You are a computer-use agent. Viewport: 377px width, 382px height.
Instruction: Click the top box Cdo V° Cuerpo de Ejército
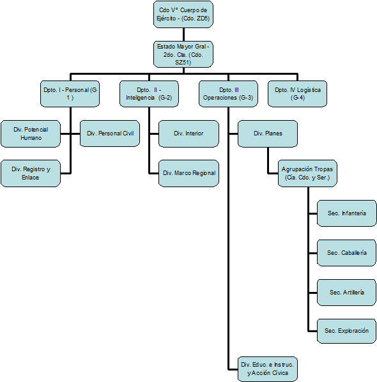click(x=183, y=15)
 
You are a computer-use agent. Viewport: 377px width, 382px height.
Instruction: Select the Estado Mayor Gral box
click(x=183, y=54)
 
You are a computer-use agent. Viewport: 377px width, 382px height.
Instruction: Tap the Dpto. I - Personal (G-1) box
click(x=70, y=94)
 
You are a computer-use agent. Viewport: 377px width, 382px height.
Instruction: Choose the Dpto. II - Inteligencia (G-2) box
click(x=149, y=94)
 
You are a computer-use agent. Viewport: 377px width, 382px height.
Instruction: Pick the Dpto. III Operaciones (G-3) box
click(x=228, y=94)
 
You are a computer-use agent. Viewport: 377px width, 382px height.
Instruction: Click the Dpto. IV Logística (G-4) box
click(x=297, y=94)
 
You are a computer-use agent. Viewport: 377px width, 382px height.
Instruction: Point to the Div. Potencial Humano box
click(x=31, y=134)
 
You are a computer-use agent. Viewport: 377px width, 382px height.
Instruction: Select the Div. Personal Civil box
click(x=110, y=134)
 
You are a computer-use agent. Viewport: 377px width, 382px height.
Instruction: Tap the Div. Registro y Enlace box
click(x=31, y=174)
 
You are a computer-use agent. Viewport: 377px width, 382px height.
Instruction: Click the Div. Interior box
click(x=188, y=134)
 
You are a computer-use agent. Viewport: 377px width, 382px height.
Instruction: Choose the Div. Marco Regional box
click(x=188, y=174)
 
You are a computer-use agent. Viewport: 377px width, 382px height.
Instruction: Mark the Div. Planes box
click(x=268, y=134)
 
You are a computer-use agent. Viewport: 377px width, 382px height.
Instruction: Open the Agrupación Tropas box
click(x=307, y=174)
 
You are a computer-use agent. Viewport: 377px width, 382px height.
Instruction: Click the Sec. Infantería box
click(x=347, y=213)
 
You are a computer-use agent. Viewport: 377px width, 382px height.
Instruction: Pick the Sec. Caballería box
click(x=347, y=253)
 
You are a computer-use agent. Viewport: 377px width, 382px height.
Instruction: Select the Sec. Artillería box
click(x=347, y=293)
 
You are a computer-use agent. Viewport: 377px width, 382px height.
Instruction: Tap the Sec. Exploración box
click(x=347, y=331)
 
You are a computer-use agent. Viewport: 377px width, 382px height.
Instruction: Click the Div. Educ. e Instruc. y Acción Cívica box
click(x=268, y=369)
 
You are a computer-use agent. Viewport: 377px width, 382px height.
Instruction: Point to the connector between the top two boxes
click(x=183, y=34)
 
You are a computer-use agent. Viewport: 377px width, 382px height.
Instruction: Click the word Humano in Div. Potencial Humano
click(x=31, y=138)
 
